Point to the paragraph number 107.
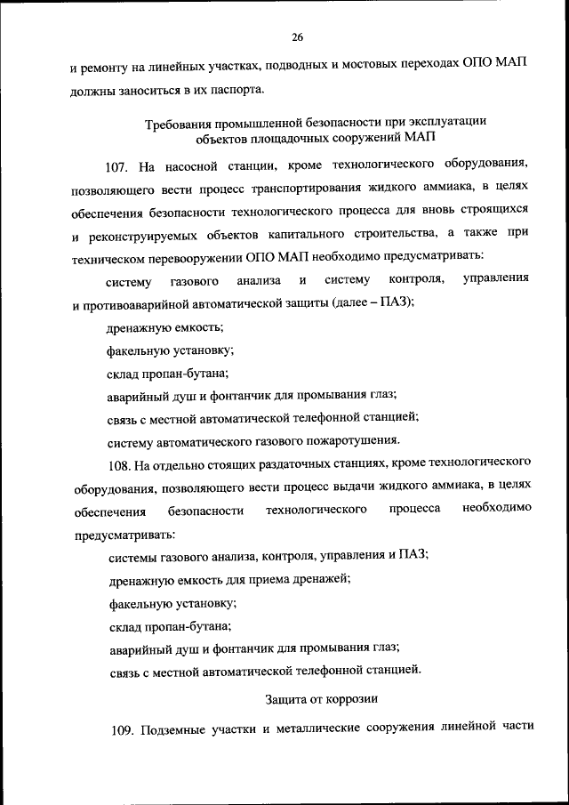(x=118, y=165)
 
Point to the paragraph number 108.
(x=118, y=463)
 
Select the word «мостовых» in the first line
(x=352, y=66)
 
